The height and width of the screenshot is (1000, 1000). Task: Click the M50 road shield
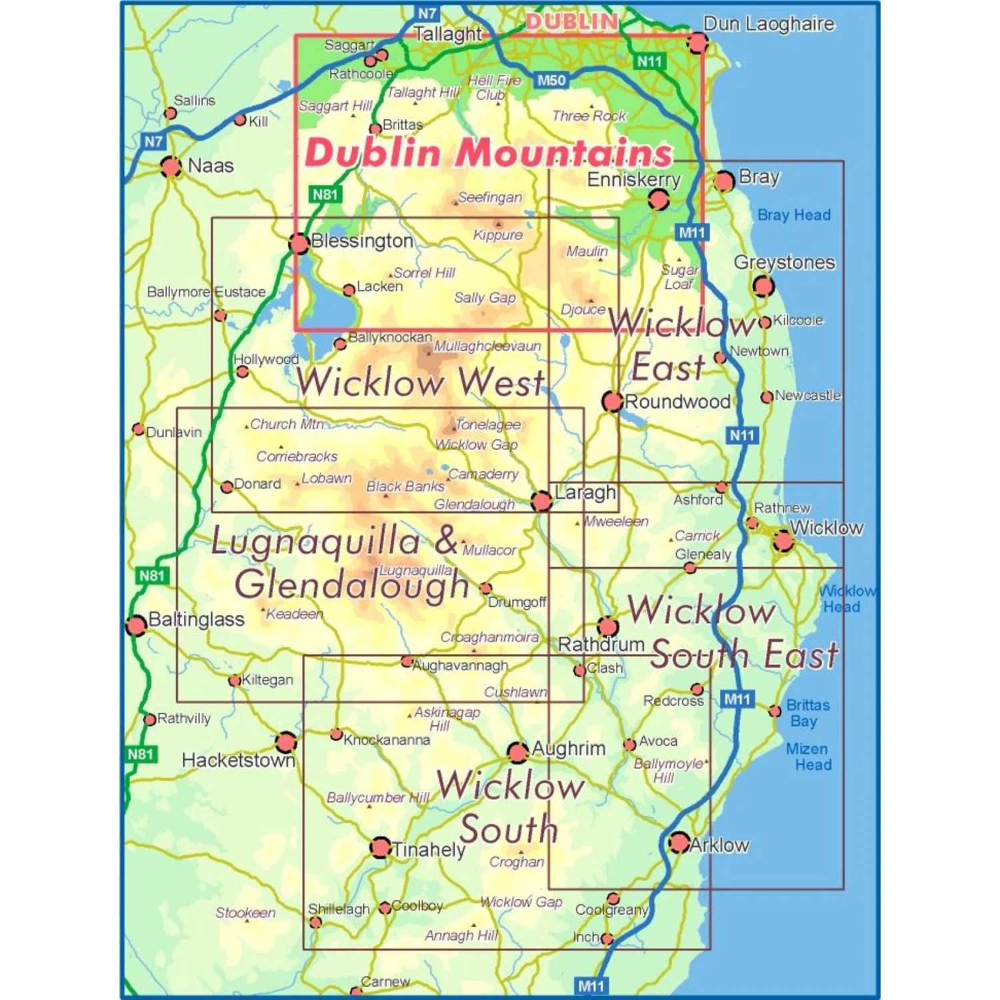point(551,81)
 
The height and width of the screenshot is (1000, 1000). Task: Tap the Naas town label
point(211,165)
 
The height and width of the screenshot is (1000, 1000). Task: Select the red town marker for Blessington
point(299,243)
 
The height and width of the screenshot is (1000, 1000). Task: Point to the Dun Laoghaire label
point(769,24)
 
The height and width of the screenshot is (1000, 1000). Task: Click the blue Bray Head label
point(794,215)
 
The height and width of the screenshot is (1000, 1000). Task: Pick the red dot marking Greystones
point(763,286)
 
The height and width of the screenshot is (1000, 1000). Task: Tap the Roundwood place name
point(677,401)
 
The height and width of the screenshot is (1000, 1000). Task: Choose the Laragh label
point(585,493)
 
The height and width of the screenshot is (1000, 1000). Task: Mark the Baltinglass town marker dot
point(136,625)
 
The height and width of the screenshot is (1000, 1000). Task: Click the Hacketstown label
point(238,760)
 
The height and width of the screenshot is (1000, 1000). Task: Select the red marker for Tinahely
point(380,847)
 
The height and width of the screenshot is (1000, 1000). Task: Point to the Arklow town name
point(719,845)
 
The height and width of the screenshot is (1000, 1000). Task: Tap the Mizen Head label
point(808,757)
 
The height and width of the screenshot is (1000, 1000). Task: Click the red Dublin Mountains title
point(488,153)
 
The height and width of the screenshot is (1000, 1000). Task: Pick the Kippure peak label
point(498,235)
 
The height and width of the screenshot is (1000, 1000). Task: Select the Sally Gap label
point(485,297)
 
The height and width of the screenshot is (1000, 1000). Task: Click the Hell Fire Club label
point(494,87)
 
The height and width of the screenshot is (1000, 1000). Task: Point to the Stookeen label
point(245,913)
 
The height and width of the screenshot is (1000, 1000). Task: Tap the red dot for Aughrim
point(517,752)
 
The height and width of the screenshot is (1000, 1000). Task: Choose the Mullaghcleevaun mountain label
point(487,346)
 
